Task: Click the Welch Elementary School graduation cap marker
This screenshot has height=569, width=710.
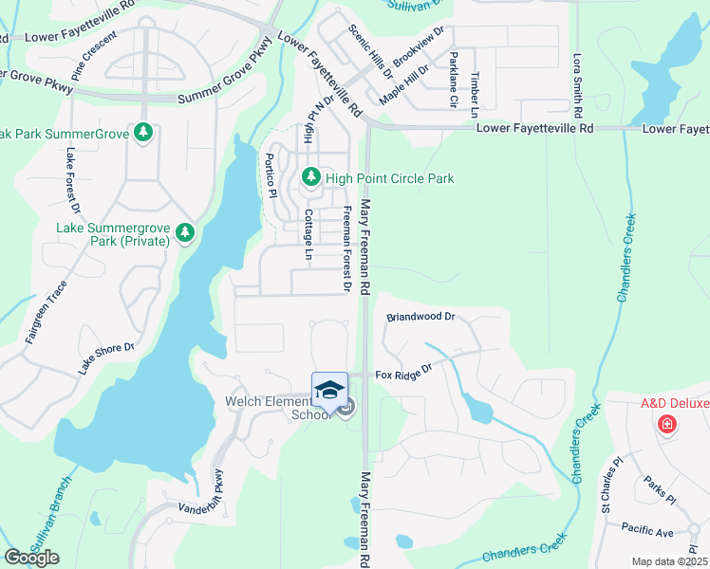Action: point(329,391)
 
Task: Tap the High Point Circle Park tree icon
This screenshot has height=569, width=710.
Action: point(309,177)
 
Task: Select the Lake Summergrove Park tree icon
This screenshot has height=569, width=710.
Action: point(186,232)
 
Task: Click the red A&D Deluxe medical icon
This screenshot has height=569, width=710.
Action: point(667,423)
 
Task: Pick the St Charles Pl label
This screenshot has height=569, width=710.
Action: point(611,483)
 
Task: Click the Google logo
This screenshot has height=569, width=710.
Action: point(31,558)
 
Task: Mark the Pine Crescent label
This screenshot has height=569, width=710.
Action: point(94,55)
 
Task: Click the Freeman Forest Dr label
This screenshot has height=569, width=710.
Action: point(347,248)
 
